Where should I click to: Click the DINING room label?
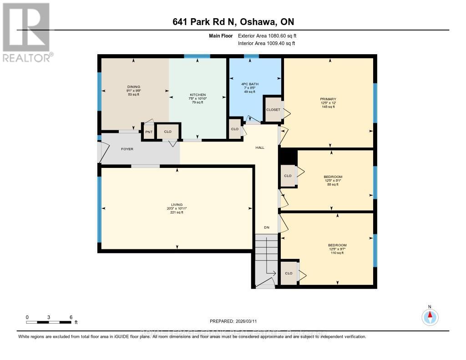coord(134,86)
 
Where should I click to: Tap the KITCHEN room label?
coord(198,95)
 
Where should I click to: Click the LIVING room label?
coord(177,204)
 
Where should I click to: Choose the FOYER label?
coord(127,149)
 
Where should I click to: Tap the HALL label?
coord(259,147)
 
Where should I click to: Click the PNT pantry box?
coord(148,132)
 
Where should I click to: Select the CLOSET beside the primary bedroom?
coord(273,110)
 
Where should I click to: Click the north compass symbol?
coord(429,315)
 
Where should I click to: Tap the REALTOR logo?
coord(27,32)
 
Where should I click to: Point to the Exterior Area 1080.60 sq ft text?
coord(267,35)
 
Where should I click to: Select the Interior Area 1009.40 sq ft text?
coord(266,43)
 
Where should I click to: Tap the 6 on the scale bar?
coord(71,317)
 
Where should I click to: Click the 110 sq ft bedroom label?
coord(337,253)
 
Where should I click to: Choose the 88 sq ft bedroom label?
coord(333,184)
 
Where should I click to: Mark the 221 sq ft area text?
coord(177,212)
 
